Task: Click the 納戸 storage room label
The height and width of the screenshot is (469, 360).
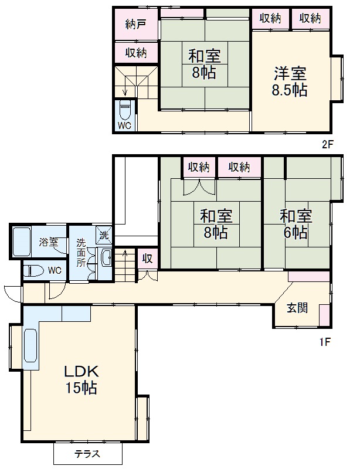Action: (135, 25)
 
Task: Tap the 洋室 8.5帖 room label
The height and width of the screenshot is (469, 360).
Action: (290, 81)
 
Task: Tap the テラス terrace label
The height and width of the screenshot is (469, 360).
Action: (87, 453)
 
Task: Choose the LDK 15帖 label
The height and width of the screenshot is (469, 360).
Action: (81, 379)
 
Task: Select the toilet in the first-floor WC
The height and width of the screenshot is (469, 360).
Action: (34, 271)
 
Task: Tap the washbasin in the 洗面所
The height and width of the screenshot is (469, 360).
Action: (107, 257)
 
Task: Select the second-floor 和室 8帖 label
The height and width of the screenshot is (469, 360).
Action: (204, 64)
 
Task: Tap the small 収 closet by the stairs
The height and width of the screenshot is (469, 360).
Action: (147, 258)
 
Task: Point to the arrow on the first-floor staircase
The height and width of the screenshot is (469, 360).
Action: (125, 254)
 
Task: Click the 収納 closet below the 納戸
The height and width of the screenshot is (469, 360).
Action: (135, 53)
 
